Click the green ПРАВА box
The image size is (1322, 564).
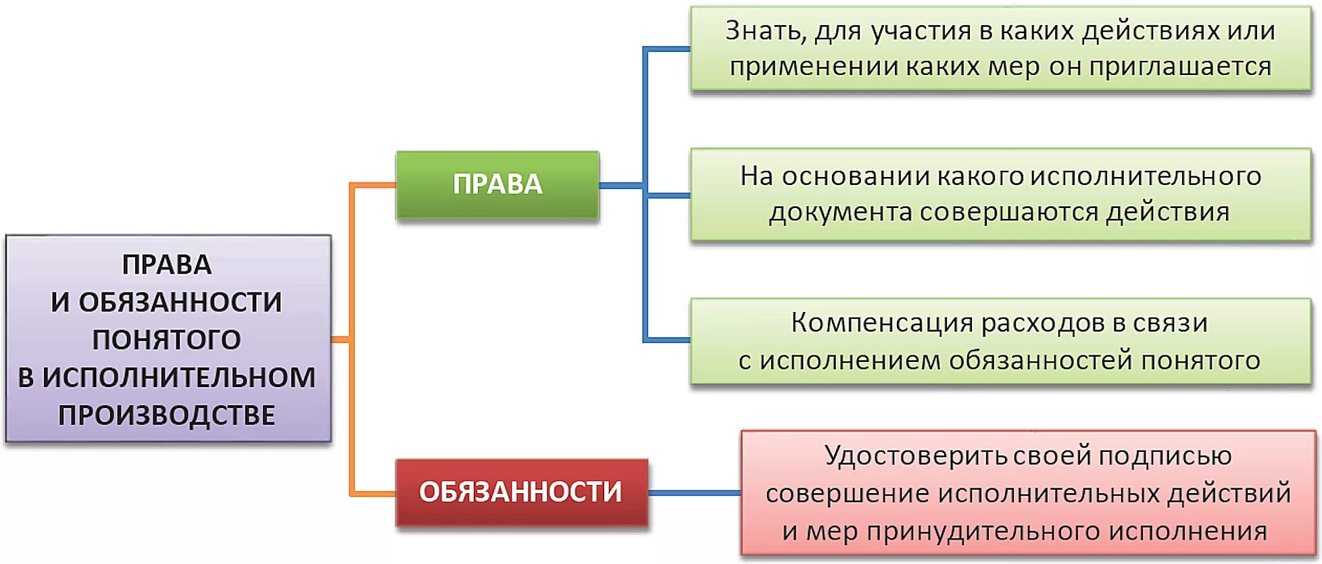pos(497,184)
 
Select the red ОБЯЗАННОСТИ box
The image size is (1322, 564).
pos(520,492)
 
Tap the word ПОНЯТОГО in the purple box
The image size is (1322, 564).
pos(166,340)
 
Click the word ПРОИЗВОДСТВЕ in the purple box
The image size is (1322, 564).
pos(166,415)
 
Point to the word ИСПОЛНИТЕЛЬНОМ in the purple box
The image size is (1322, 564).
pos(178,378)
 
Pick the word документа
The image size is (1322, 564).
pos(840,213)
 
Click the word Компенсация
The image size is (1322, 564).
pos(881,323)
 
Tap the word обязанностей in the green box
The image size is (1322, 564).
pos(1040,361)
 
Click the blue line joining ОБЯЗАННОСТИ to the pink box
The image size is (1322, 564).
pos(694,492)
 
